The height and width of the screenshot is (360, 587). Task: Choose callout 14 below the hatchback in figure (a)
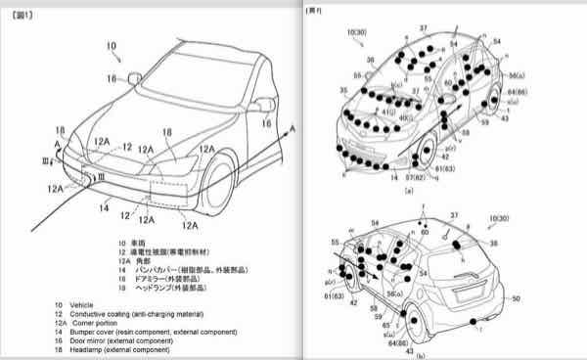(x=393, y=178)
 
